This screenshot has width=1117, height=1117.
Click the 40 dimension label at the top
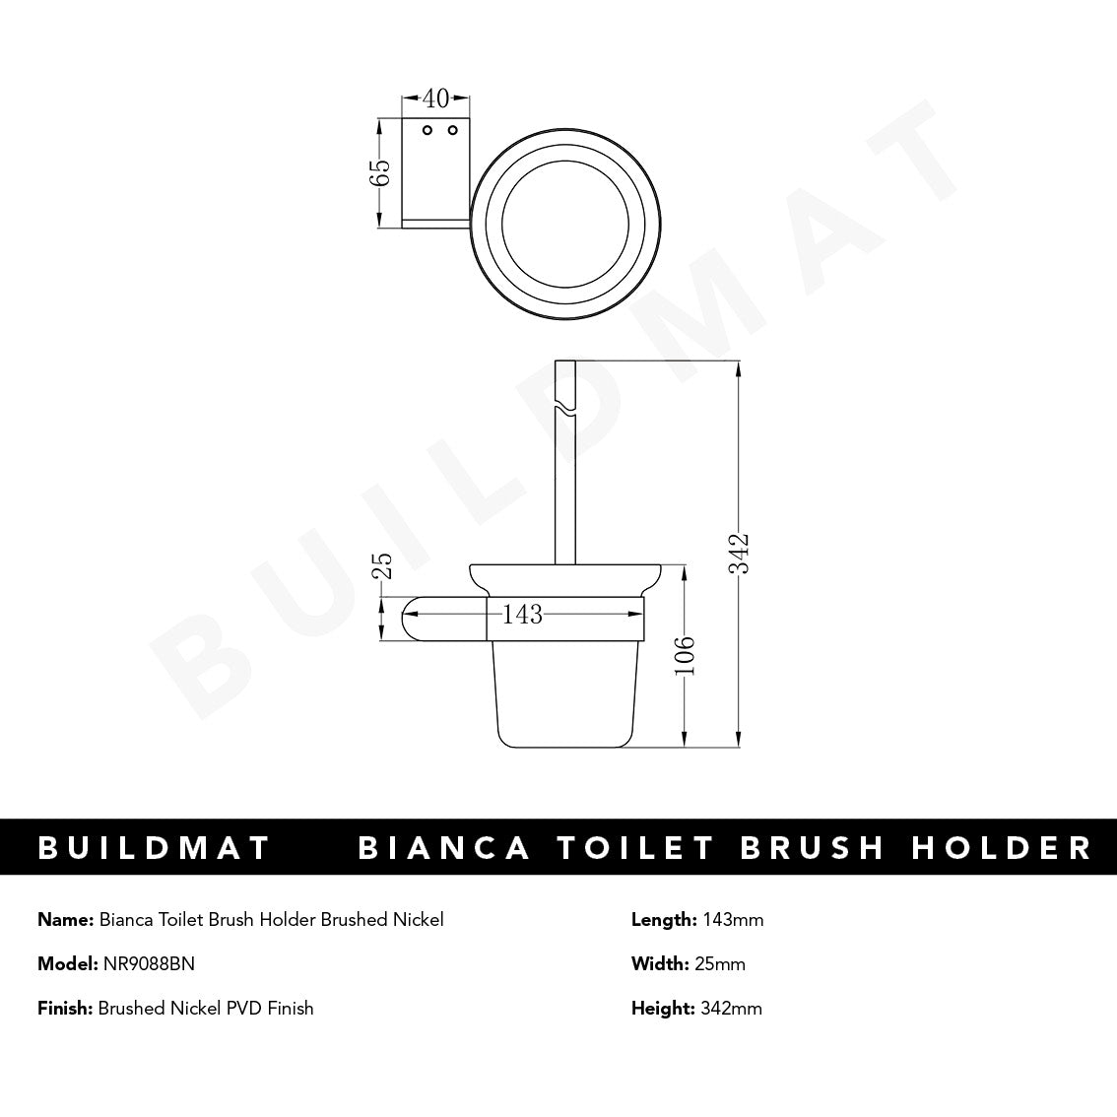435,99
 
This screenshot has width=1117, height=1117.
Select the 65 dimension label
381,173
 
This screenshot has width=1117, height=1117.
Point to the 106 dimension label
687,656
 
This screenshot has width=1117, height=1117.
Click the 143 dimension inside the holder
522,615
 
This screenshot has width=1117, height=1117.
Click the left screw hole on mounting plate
427,130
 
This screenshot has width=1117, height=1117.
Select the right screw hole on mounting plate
453,130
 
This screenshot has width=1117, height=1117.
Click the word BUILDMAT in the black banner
154,848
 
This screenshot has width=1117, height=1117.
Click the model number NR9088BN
149,963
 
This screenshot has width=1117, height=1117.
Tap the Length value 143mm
733,920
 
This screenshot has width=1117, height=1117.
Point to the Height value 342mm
731,1008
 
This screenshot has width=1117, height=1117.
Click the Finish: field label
65,1008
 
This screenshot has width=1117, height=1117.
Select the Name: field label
66,920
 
